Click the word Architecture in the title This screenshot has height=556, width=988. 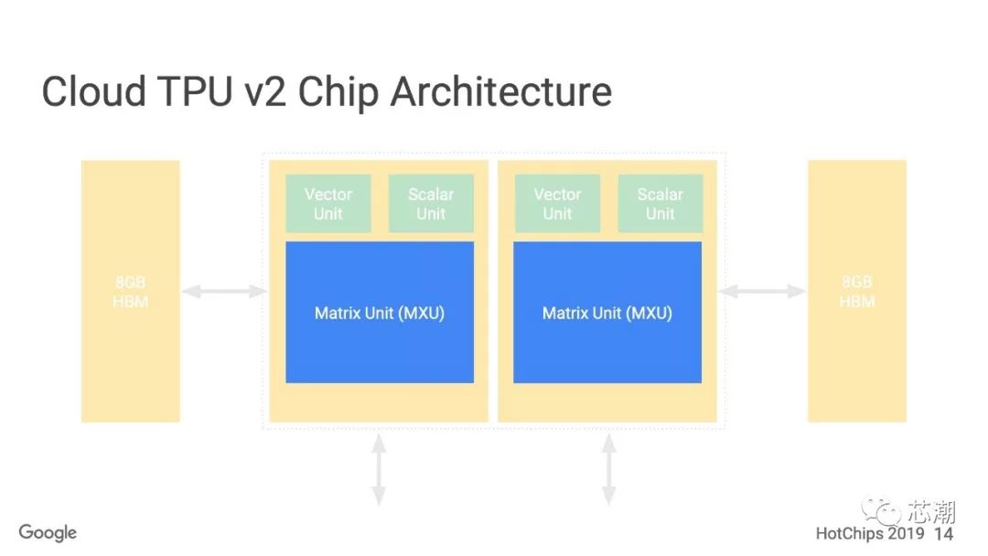pyautogui.click(x=500, y=92)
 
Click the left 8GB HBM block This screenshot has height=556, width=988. pyautogui.click(x=130, y=292)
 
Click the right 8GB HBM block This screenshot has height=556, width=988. pyautogui.click(x=856, y=292)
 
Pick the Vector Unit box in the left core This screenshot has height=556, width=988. pyautogui.click(x=328, y=203)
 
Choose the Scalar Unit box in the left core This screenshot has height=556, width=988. pyautogui.click(x=431, y=203)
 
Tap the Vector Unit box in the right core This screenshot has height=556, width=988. pyautogui.click(x=557, y=203)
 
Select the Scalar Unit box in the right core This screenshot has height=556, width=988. pyautogui.click(x=660, y=203)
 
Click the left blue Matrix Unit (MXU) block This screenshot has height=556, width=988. pyautogui.click(x=380, y=313)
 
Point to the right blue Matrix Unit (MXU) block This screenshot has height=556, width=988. pyautogui.click(x=607, y=313)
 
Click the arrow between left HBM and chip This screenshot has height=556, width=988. pyautogui.click(x=223, y=292)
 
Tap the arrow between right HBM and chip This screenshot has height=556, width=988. pyautogui.click(x=761, y=292)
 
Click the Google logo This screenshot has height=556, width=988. pyautogui.click(x=48, y=532)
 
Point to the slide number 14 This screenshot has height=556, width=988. pyautogui.click(x=943, y=533)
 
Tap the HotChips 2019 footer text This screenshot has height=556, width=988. pyautogui.click(x=870, y=533)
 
